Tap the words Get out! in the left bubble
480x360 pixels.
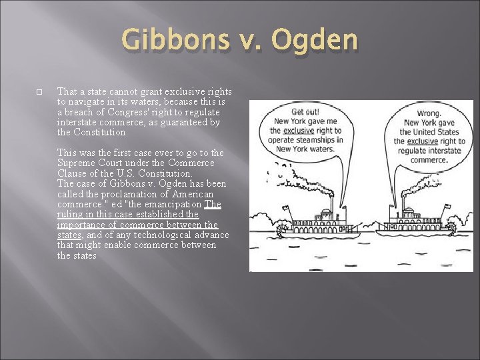[x=305, y=112]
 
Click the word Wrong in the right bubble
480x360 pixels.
[x=429, y=114]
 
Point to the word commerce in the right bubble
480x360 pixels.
[x=429, y=161]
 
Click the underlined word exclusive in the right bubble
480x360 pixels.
[x=423, y=142]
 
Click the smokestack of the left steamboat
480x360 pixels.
[x=329, y=204]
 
